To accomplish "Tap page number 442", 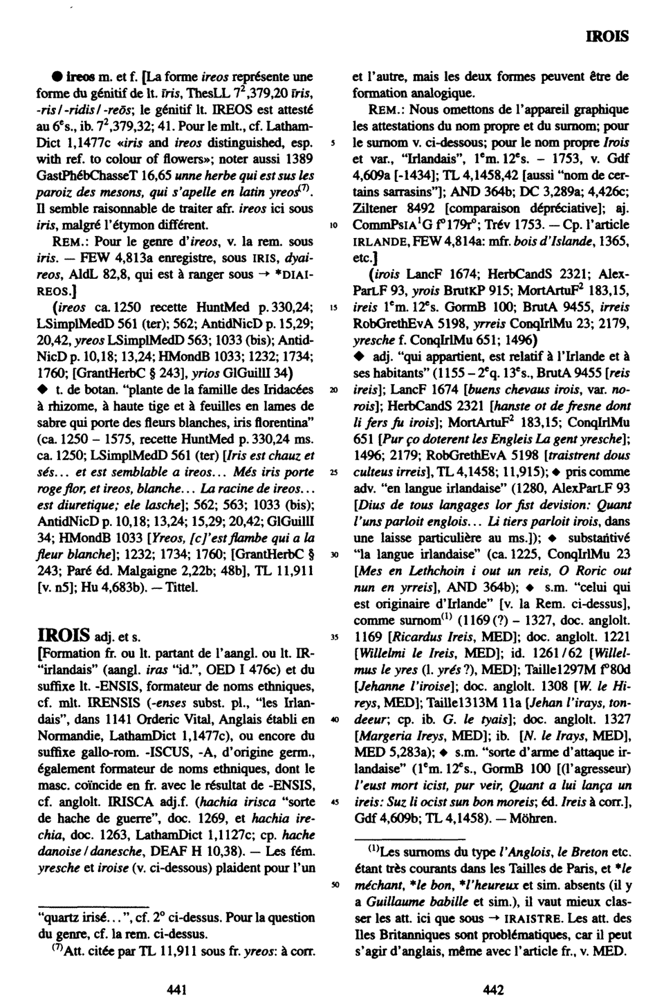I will [x=492, y=990].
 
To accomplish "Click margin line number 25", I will [x=334, y=471].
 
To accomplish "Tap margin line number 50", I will [x=334, y=884].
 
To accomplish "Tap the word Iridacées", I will [x=282, y=390].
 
